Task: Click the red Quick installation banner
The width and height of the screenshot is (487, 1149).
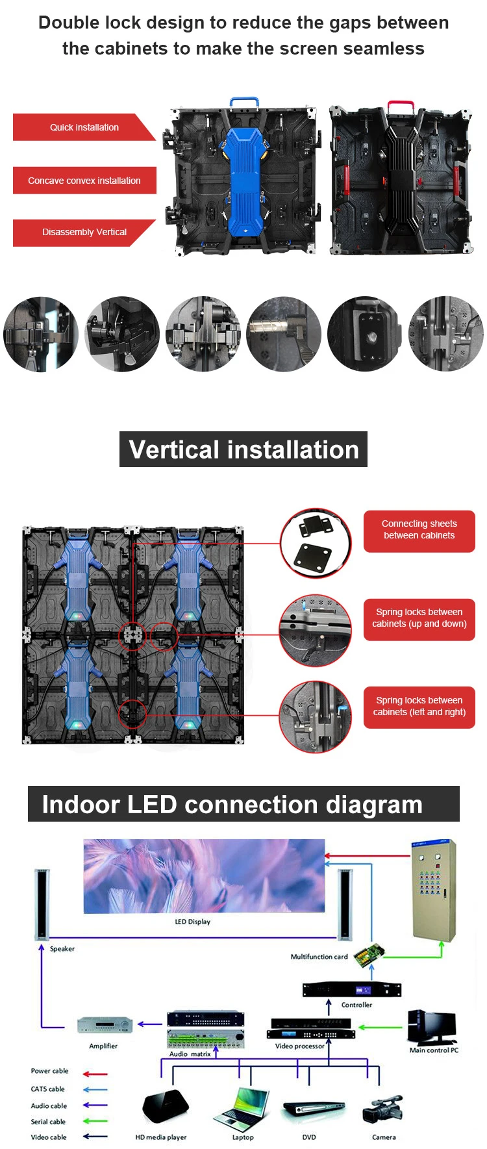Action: (x=84, y=127)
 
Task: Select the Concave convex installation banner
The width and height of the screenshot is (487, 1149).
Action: (x=84, y=181)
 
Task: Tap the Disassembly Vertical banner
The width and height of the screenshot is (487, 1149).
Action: (x=84, y=233)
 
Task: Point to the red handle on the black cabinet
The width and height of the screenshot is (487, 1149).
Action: (x=401, y=103)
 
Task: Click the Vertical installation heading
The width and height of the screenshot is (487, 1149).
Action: (x=243, y=449)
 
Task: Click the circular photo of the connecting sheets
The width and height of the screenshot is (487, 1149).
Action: (x=316, y=544)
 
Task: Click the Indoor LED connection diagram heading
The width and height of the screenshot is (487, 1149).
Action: (x=243, y=804)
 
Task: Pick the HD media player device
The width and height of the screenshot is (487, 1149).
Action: (x=166, y=1106)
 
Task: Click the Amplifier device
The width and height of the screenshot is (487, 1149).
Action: (x=105, y=1025)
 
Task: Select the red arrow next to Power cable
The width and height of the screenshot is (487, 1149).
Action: (x=95, y=1074)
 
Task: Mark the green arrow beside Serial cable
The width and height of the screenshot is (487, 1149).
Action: (x=95, y=1121)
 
